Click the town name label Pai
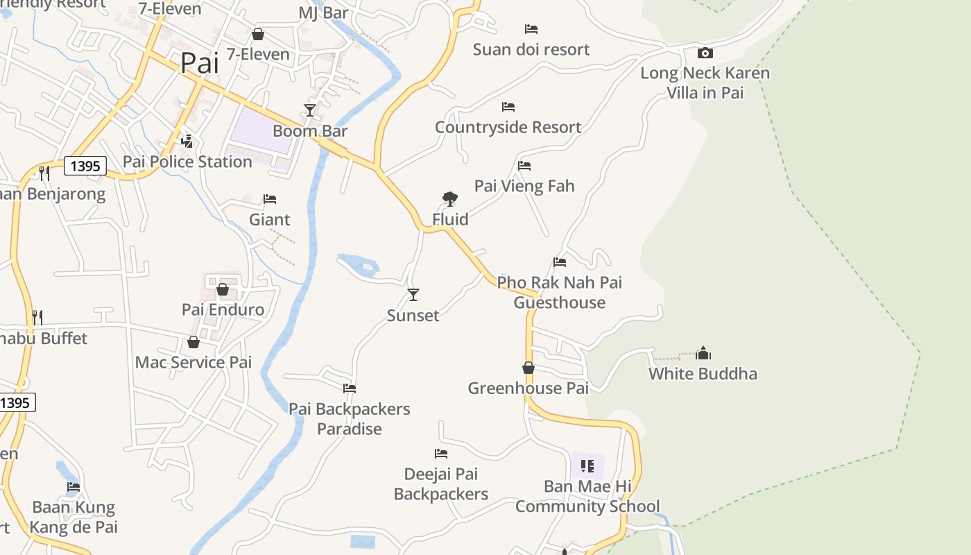pyautogui.click(x=200, y=63)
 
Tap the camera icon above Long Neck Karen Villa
pyautogui.click(x=705, y=53)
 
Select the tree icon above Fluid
pyautogui.click(x=450, y=199)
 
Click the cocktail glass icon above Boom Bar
pyautogui.click(x=310, y=110)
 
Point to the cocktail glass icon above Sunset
pyautogui.click(x=413, y=295)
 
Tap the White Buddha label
pyautogui.click(x=703, y=374)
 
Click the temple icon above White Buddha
pyautogui.click(x=703, y=353)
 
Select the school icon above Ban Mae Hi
pyautogui.click(x=587, y=466)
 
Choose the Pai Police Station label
pyautogui.click(x=187, y=162)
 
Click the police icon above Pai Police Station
pyautogui.click(x=187, y=142)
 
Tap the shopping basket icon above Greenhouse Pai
pyautogui.click(x=529, y=368)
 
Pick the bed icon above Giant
pyautogui.click(x=270, y=199)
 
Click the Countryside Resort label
pyautogui.click(x=508, y=128)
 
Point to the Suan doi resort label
pyautogui.click(x=531, y=49)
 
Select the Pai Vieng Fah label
pyautogui.click(x=524, y=186)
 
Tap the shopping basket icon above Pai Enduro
pyautogui.click(x=223, y=289)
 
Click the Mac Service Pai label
pyautogui.click(x=194, y=362)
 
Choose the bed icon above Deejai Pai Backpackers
pyautogui.click(x=441, y=454)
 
